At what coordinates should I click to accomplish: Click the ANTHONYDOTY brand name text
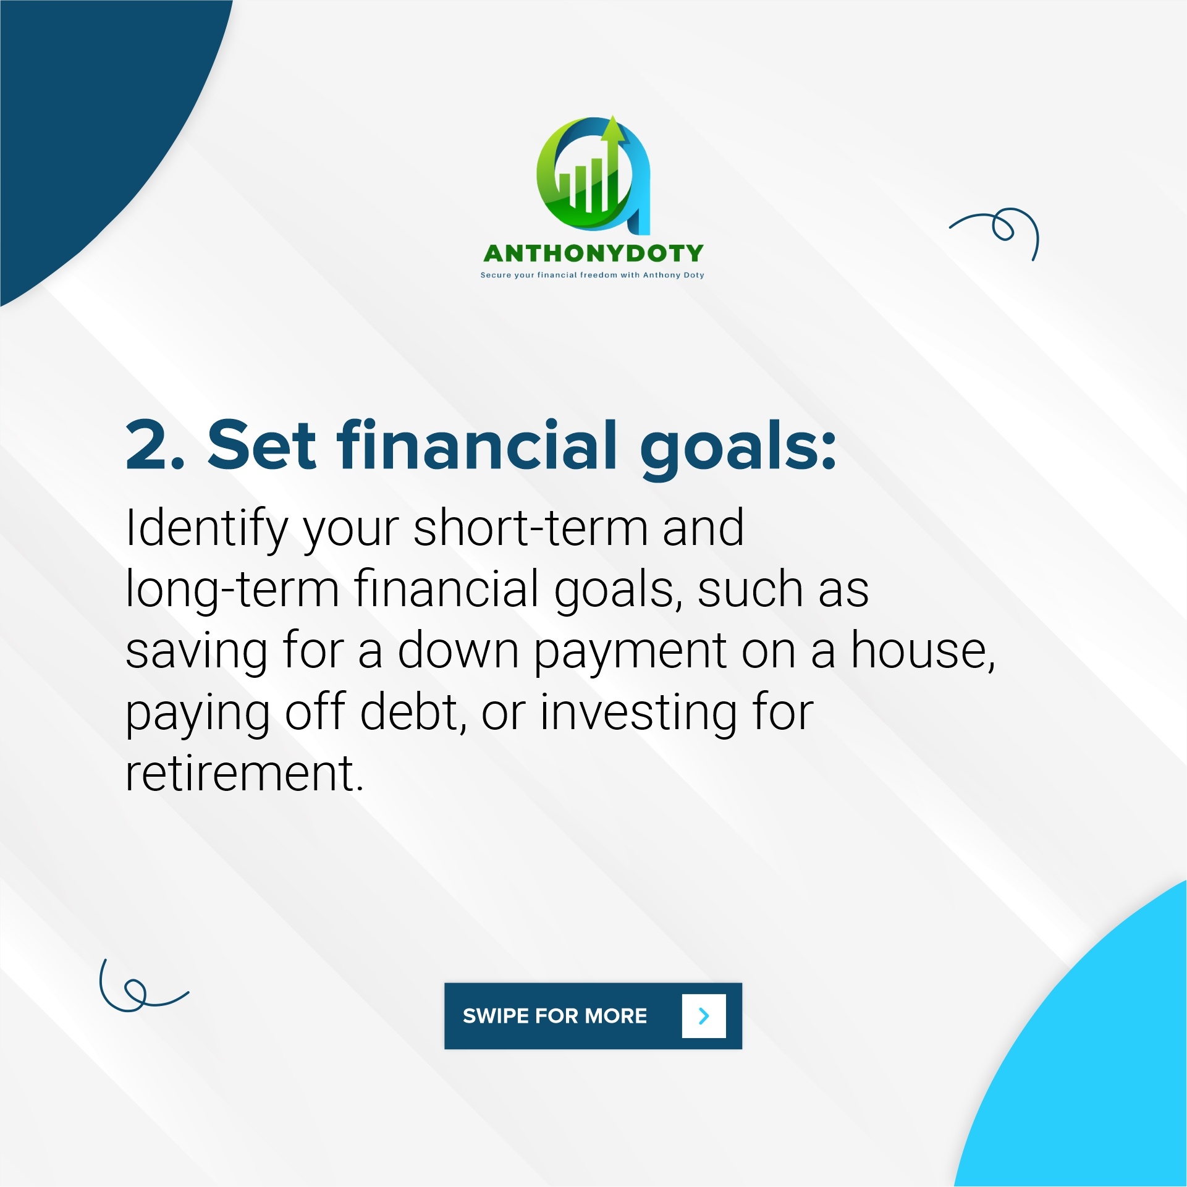click(x=593, y=253)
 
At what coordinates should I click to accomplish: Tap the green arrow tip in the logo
click(x=612, y=116)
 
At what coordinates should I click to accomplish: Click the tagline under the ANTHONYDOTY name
click(x=593, y=275)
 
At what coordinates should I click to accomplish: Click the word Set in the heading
click(x=262, y=444)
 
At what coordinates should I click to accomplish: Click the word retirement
click(x=244, y=774)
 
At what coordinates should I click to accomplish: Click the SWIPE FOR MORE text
click(x=555, y=1016)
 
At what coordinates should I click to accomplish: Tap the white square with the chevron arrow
click(x=704, y=1016)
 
